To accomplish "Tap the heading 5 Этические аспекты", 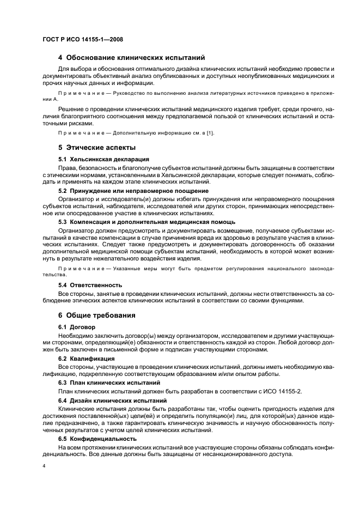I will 96,148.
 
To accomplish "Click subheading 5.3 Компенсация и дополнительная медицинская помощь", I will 147,222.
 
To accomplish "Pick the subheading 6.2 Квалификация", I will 86,359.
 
